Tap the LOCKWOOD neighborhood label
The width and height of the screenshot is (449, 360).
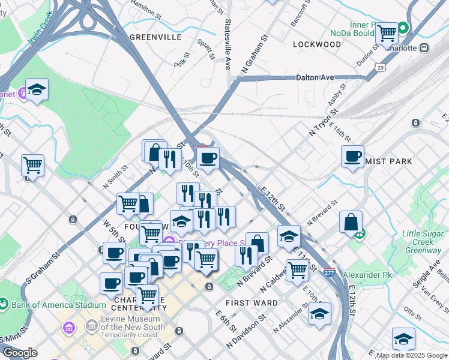click(317, 44)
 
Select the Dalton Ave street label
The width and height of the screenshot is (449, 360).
click(315, 77)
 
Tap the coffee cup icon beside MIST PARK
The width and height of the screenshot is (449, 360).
click(352, 156)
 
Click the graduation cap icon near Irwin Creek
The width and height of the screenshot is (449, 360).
click(37, 90)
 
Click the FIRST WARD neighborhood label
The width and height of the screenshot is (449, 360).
click(252, 303)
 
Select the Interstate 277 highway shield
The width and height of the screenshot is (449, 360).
click(329, 272)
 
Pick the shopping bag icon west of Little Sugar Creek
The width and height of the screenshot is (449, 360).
click(351, 222)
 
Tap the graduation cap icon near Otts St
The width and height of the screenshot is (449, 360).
click(403, 338)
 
